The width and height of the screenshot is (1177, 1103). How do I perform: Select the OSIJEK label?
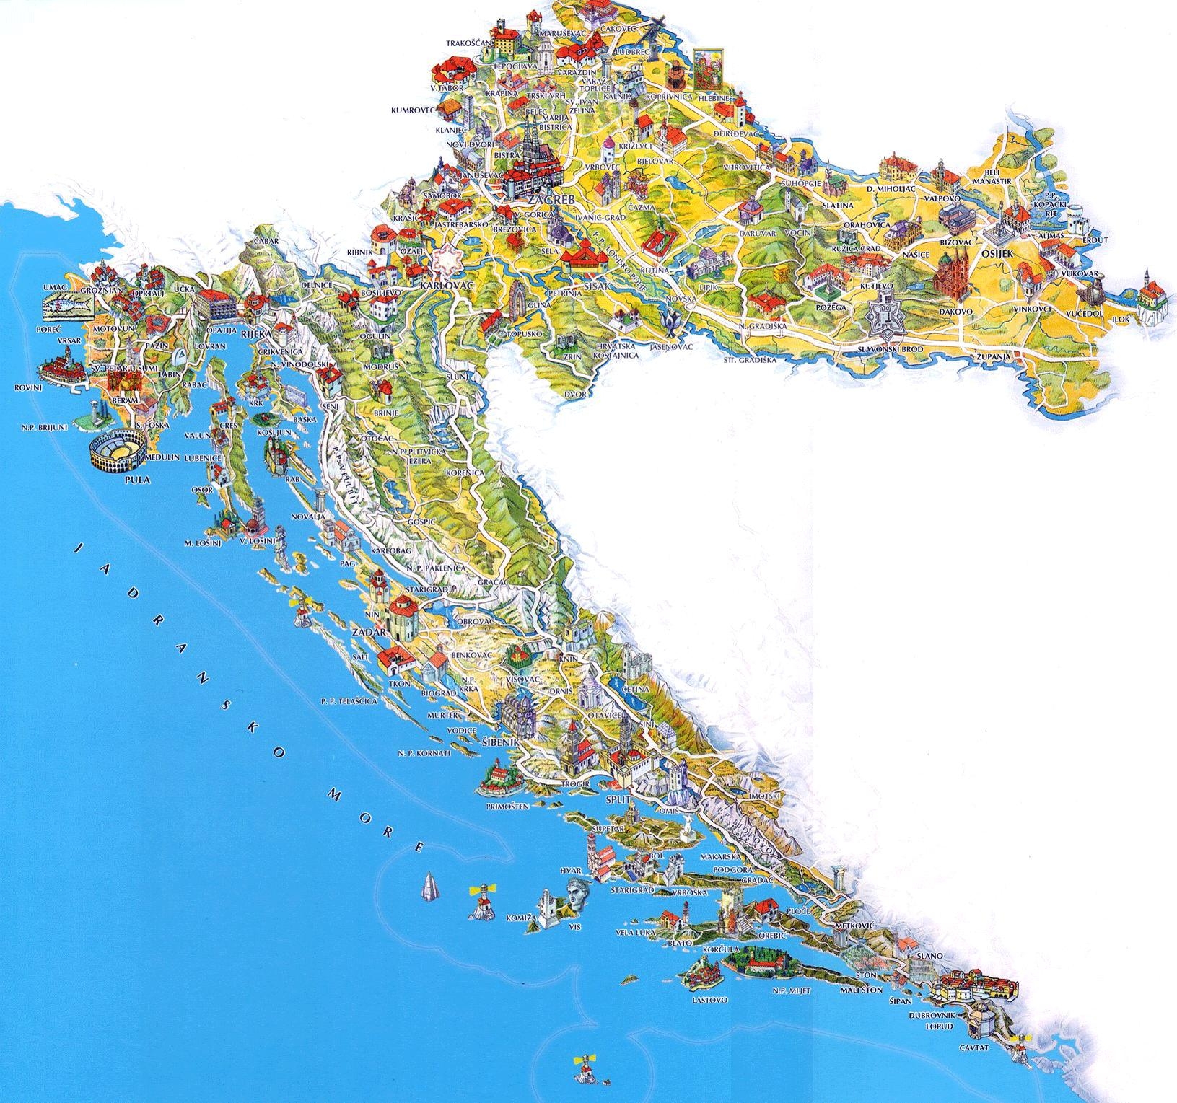998,254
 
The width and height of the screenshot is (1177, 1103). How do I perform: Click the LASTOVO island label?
709,1001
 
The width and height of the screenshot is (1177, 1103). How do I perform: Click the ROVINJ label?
25,387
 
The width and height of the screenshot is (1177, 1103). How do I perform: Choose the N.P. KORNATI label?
424,753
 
